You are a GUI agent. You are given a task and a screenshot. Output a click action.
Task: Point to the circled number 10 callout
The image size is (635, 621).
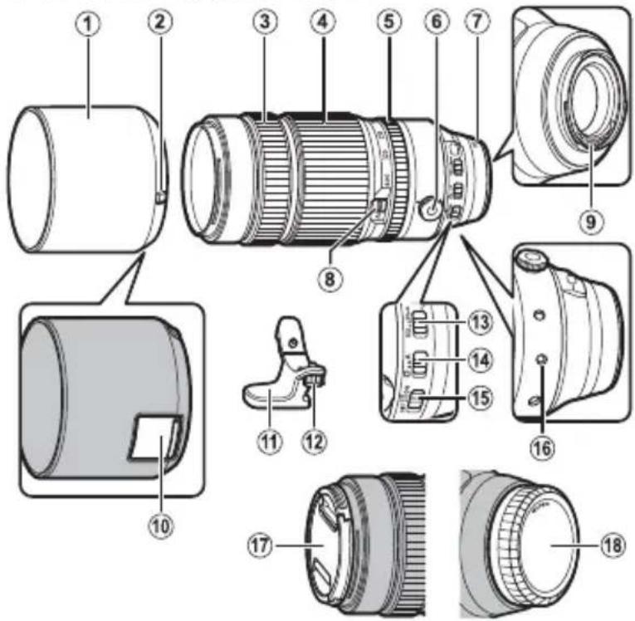coord(163,526)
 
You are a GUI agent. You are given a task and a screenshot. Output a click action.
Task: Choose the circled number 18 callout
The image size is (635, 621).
coord(611,546)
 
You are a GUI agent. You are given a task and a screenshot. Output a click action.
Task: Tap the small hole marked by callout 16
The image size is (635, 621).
coord(544,359)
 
